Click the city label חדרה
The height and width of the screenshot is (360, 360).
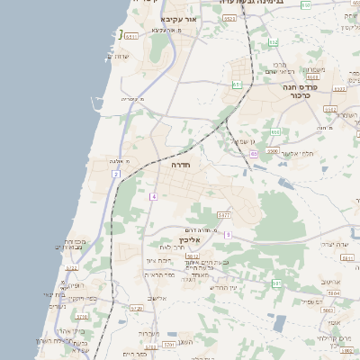coord(181,166)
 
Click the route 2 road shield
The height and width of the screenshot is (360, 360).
coord(116,174)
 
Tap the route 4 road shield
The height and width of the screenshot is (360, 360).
coord(154,196)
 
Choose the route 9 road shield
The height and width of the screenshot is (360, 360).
coord(229,235)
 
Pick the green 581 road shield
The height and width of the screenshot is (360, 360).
coord(276,283)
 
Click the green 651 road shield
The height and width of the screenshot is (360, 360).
coord(236,85)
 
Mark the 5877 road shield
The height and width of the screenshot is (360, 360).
coord(224,215)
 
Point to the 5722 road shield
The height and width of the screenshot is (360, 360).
coord(72,267)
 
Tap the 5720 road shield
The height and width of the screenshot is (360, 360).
coord(81,317)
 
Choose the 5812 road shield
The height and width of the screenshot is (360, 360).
coord(192,255)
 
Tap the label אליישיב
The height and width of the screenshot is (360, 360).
coord(157,298)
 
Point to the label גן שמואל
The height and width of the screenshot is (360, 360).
coord(246,141)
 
